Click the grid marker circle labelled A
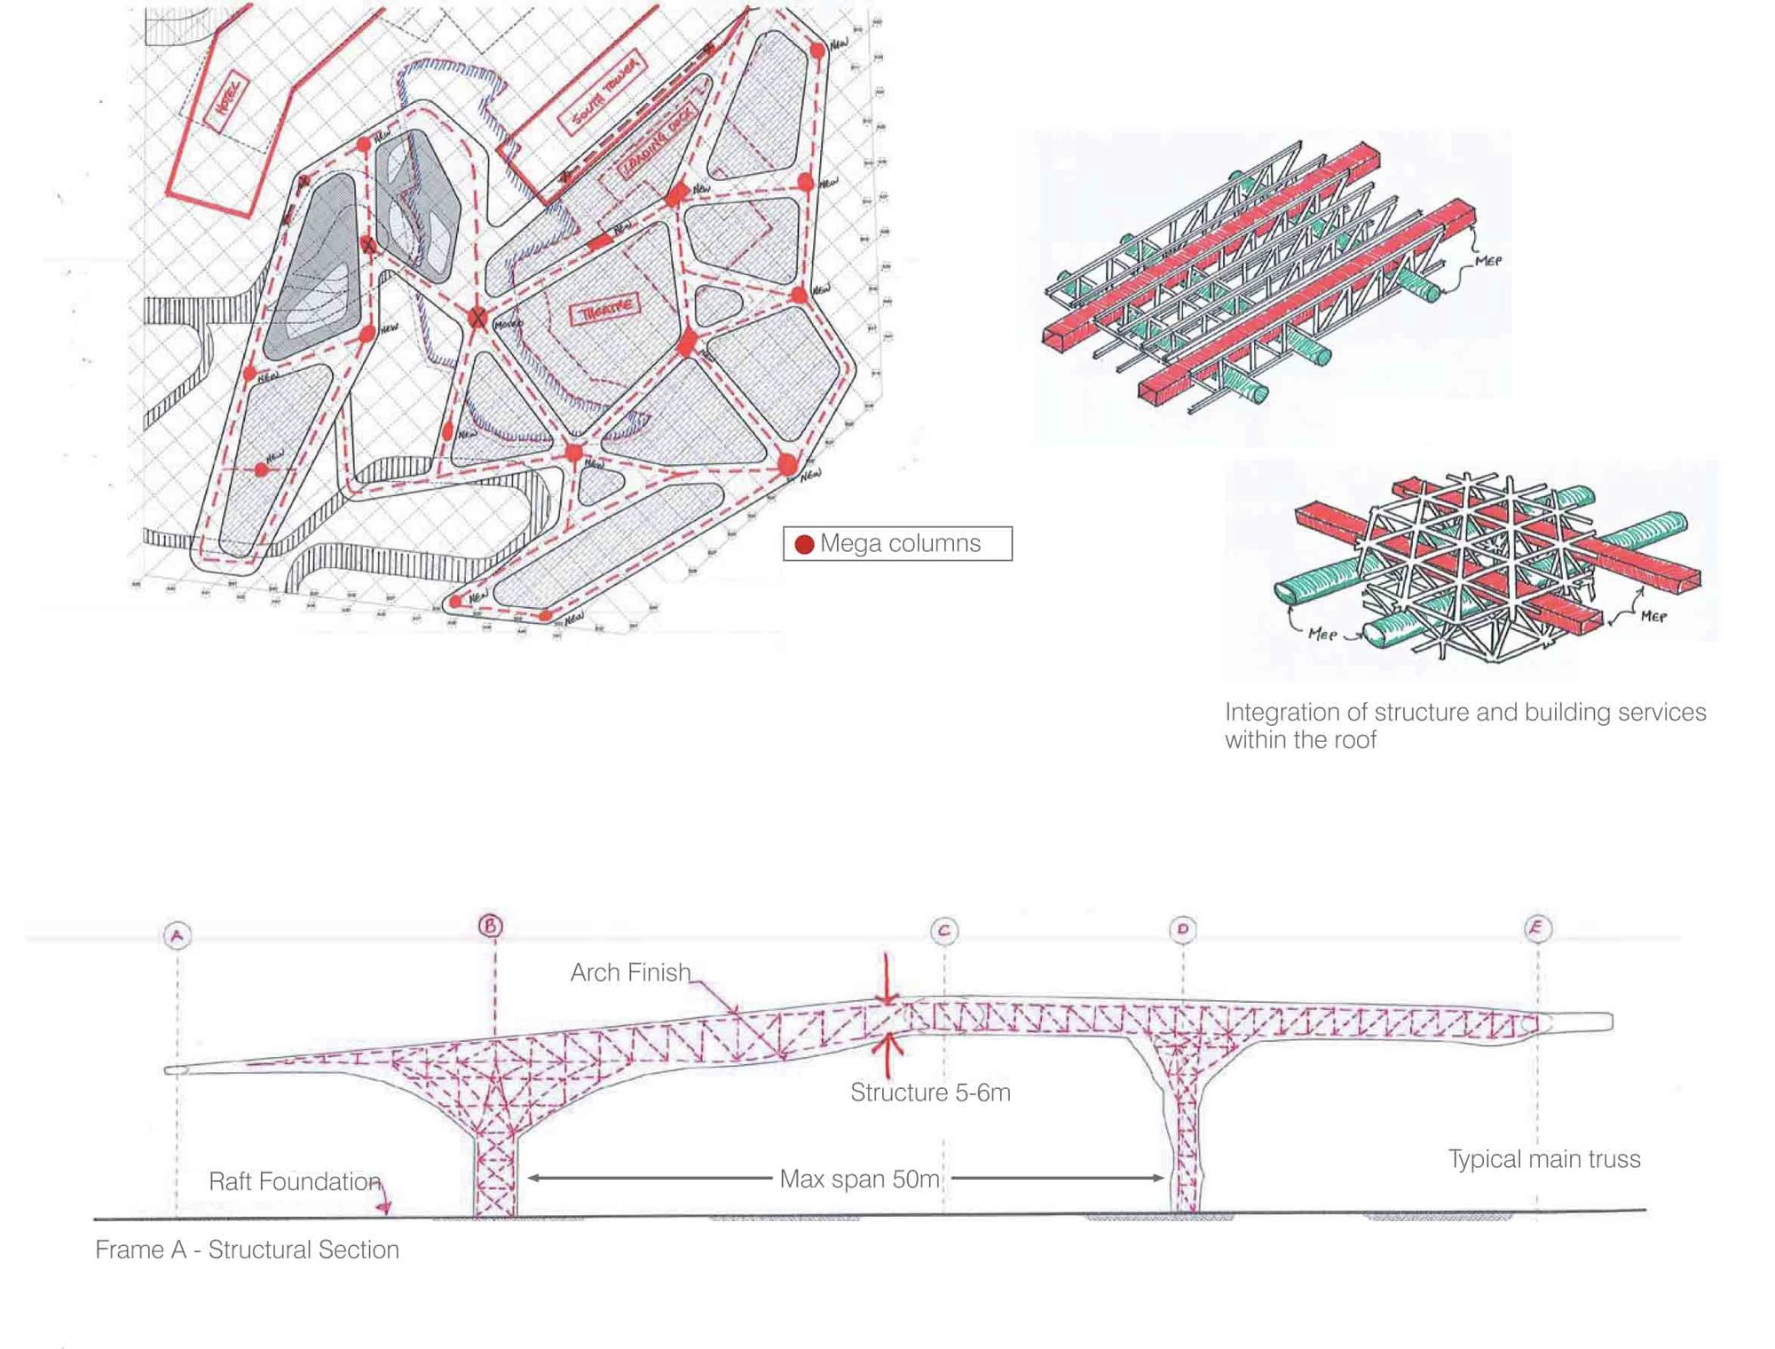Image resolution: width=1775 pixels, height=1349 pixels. [177, 935]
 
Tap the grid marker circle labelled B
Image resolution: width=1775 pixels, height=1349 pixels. [491, 926]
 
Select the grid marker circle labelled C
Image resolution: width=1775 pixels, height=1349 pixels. [943, 930]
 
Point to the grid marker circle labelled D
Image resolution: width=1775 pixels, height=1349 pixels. [1182, 929]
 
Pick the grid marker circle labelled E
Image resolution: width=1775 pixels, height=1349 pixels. [1537, 928]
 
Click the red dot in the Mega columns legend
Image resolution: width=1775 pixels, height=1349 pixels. [804, 544]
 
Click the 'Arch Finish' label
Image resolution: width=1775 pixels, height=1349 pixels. [630, 973]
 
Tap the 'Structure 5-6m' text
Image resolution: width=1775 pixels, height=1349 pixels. [930, 1093]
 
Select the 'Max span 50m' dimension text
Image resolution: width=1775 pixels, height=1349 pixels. [859, 1179]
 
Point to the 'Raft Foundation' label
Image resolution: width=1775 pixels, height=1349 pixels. [295, 1182]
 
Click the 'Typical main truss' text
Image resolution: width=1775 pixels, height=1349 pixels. [1544, 1159]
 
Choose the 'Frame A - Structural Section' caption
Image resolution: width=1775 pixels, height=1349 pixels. [247, 1250]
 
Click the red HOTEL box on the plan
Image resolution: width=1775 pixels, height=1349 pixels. [227, 102]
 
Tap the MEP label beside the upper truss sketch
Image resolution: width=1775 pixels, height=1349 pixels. [1487, 262]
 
